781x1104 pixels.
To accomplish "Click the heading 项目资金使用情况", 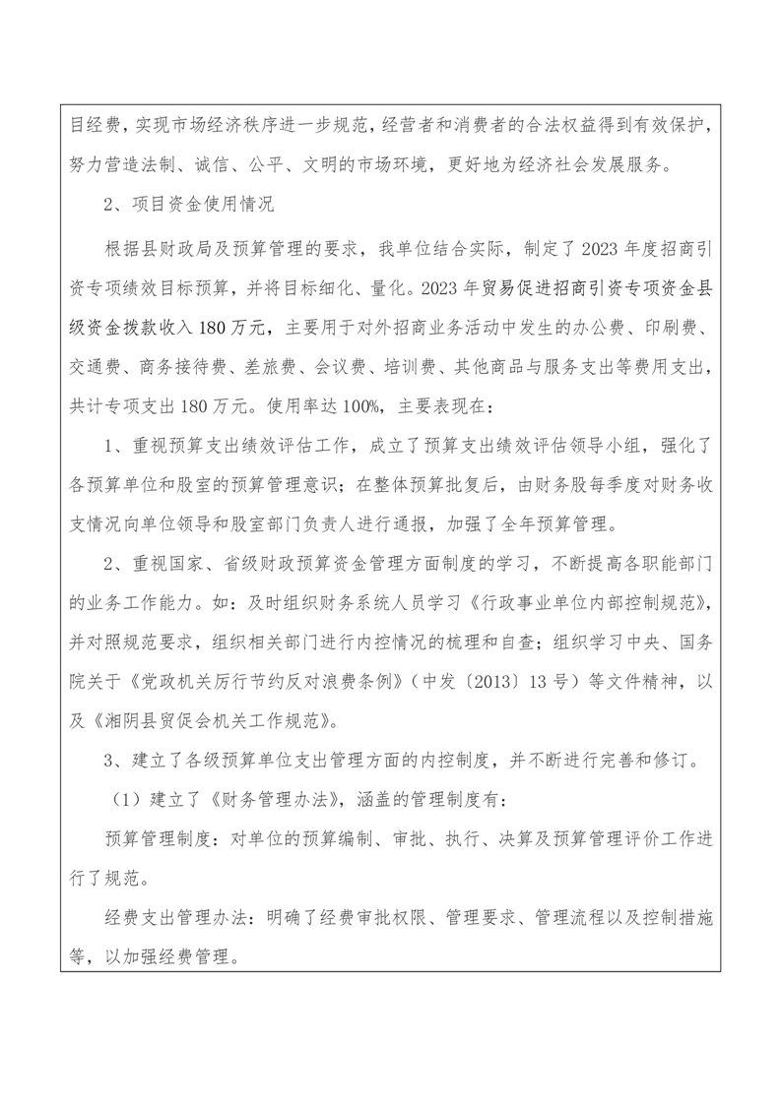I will coord(198,207).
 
